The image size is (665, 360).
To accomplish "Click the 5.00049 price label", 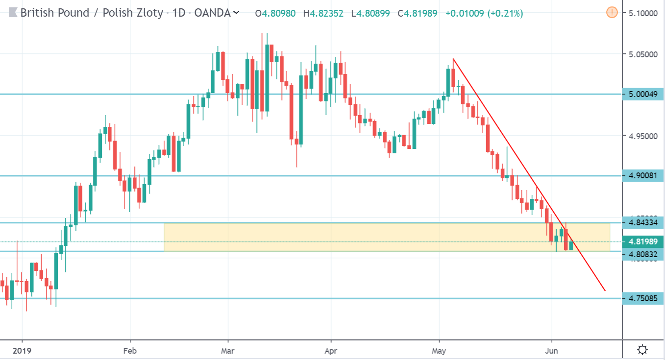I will pyautogui.click(x=642, y=94).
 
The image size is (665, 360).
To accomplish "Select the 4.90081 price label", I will pyautogui.click(x=642, y=175).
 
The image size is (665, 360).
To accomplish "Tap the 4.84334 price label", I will pyautogui.click(x=642, y=223).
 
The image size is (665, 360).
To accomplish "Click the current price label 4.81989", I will pyautogui.click(x=642, y=241).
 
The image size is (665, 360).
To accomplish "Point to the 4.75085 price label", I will pyautogui.click(x=642, y=298).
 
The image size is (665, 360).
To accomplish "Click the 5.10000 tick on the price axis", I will pyautogui.click(x=642, y=13).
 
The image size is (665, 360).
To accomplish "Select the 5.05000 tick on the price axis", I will pyautogui.click(x=642, y=53).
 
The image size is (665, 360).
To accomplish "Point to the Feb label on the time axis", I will pyautogui.click(x=130, y=350).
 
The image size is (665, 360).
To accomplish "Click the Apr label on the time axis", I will pyautogui.click(x=331, y=350).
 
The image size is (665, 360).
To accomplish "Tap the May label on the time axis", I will pyautogui.click(x=439, y=350).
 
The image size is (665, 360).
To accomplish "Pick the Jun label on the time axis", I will pyautogui.click(x=552, y=350).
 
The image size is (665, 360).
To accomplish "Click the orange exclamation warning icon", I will pyautogui.click(x=612, y=13).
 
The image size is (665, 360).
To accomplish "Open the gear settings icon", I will pyautogui.click(x=642, y=350).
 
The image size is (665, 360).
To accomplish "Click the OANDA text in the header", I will pyautogui.click(x=212, y=13).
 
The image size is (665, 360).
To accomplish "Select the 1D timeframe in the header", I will pyautogui.click(x=179, y=13).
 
